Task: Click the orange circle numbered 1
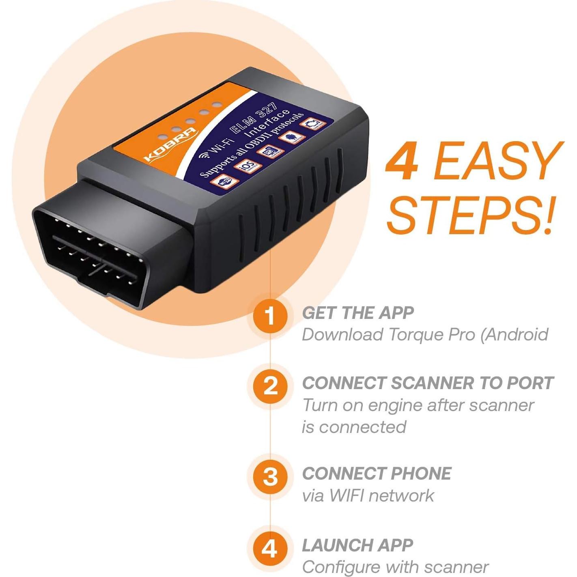270,316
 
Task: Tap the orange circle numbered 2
270,386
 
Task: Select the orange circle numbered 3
270,476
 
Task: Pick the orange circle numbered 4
270,549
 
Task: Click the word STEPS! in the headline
471,215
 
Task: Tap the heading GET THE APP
357,313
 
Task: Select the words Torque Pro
432,335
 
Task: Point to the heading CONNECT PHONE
377,474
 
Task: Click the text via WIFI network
368,495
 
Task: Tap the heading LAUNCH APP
357,545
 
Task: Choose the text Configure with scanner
395,567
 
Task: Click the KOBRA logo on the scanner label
170,144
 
